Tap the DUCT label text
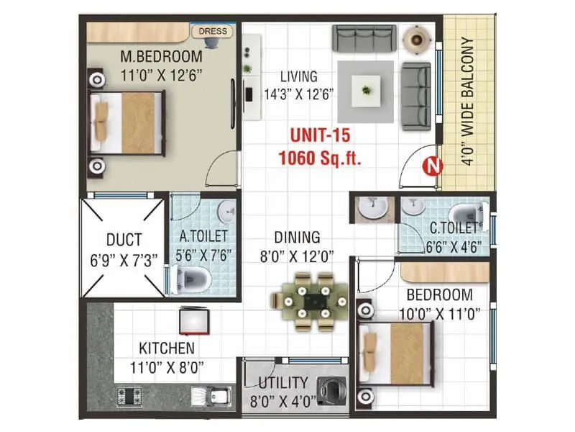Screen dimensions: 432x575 point(124,239)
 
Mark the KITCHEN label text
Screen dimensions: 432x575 point(167,349)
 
